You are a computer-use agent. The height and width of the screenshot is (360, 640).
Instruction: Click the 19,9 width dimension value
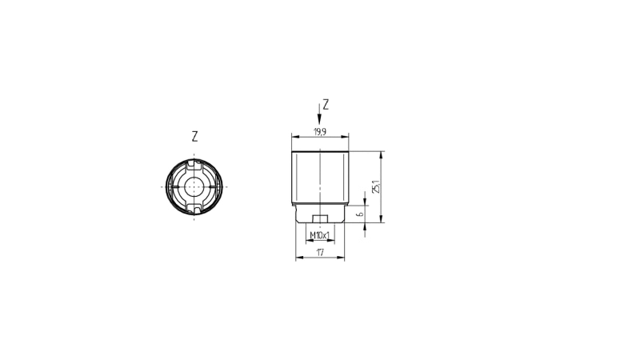(319, 132)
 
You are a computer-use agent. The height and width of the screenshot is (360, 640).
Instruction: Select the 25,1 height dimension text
(376, 187)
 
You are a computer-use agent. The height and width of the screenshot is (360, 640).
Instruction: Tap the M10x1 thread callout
(319, 235)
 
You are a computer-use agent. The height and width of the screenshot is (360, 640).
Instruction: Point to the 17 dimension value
(320, 252)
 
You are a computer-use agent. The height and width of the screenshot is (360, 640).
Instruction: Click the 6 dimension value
(359, 214)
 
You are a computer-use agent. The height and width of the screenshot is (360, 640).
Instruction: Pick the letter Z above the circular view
(194, 136)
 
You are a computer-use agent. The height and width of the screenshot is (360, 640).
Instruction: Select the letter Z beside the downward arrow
(326, 105)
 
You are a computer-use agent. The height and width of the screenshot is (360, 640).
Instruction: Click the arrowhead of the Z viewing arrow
(319, 119)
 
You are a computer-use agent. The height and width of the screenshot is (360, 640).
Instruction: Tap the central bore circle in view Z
(194, 187)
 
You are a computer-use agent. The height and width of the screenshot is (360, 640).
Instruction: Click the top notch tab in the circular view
(194, 166)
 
